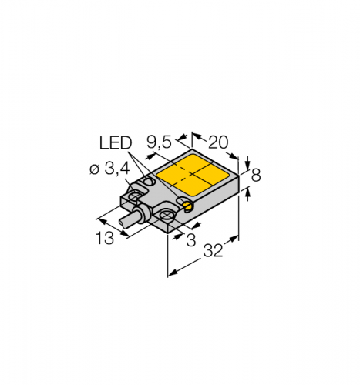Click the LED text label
pyautogui.click(x=116, y=142)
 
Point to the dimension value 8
pyautogui.click(x=256, y=176)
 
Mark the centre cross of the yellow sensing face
pyautogui.click(x=192, y=175)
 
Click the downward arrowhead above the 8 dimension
pyautogui.click(x=247, y=163)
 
